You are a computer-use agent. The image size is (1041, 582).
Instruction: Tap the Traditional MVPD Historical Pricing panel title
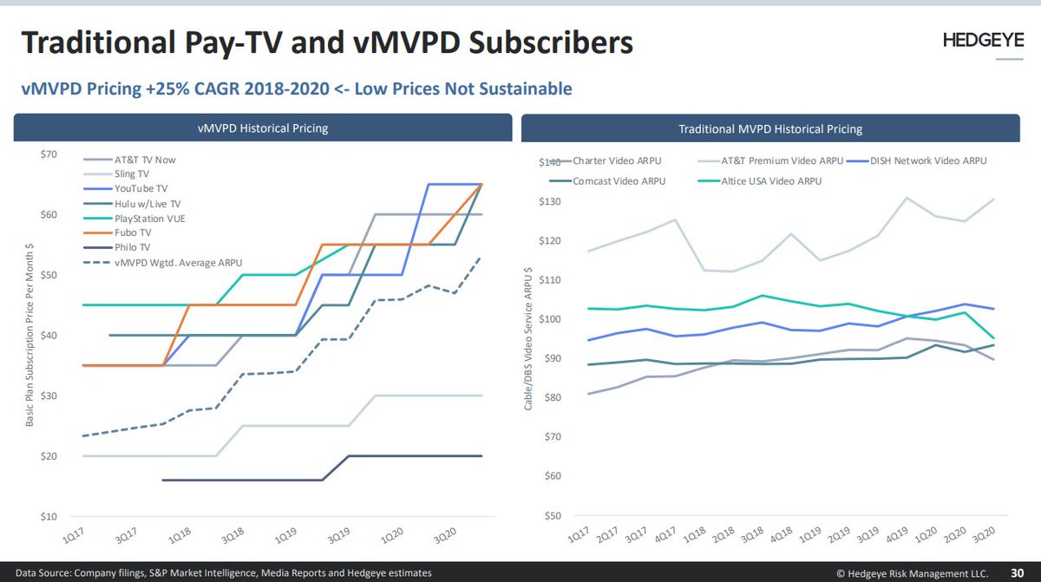click(x=770, y=128)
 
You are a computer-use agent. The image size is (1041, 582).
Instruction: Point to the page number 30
click(x=1018, y=572)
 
